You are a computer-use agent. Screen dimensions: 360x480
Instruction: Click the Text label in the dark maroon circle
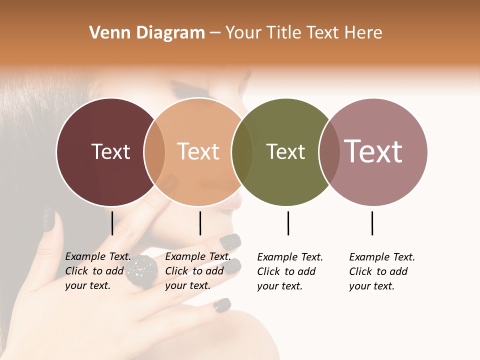point(110,151)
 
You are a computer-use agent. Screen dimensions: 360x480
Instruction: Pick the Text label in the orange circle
point(198,151)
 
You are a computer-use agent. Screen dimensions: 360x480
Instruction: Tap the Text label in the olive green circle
point(285,151)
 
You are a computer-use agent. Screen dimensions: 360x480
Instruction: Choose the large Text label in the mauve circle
point(373,151)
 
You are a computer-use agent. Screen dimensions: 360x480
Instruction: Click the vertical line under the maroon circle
point(112,223)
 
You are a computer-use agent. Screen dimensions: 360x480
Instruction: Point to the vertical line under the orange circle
point(200,223)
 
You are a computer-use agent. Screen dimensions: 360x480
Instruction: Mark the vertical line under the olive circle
point(288,223)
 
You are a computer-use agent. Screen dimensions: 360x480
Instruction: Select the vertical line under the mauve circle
point(372,223)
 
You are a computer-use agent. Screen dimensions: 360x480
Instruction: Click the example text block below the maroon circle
point(98,271)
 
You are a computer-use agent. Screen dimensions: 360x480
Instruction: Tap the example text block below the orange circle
point(197,271)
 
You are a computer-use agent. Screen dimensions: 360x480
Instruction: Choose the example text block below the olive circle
point(290,271)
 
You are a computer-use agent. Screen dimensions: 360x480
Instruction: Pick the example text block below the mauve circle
point(382,271)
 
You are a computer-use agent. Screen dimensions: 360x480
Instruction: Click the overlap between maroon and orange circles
point(154,152)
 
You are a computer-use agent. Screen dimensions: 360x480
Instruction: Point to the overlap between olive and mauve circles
point(329,152)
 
